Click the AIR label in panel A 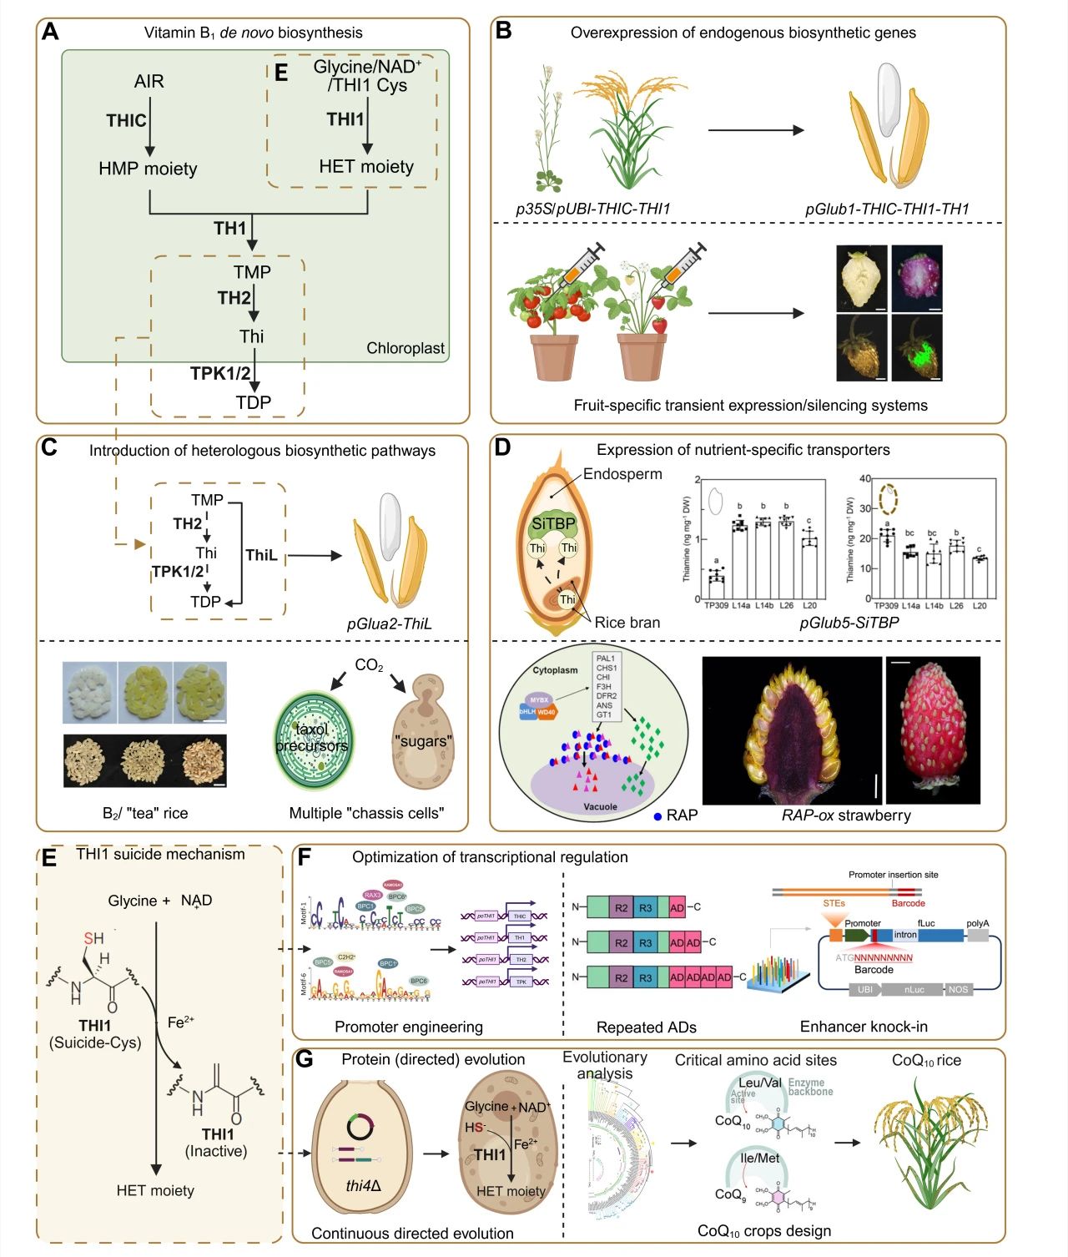[x=149, y=81]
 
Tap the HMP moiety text [x=148, y=169]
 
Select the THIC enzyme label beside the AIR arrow [x=126, y=121]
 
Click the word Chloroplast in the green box [x=406, y=348]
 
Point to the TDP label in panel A [x=253, y=402]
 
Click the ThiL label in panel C [x=261, y=555]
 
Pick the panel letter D [x=502, y=447]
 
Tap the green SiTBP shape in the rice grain [x=553, y=523]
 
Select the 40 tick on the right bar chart [x=865, y=479]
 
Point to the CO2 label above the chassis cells [x=369, y=665]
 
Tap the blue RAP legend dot [x=658, y=815]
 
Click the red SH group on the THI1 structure [x=93, y=938]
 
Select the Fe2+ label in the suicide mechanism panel [x=181, y=1022]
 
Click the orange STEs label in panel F [x=834, y=903]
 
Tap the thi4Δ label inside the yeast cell [x=363, y=1185]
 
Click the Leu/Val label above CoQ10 [x=760, y=1083]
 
